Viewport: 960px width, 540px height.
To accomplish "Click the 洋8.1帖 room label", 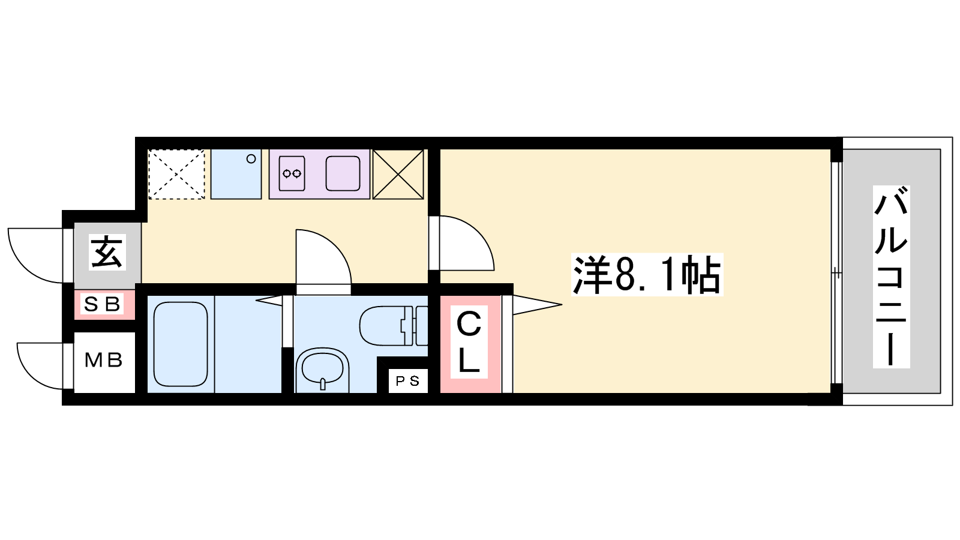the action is [x=647, y=274].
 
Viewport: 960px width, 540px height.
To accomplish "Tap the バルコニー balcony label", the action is [x=892, y=277].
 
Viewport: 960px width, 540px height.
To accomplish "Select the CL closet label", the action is [x=469, y=342].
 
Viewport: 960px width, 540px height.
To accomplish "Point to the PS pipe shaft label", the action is [x=408, y=380].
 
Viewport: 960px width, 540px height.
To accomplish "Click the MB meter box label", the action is [x=104, y=361].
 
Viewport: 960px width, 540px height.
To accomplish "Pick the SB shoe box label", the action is [x=102, y=304].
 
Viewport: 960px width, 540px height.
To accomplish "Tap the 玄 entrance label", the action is [x=107, y=252].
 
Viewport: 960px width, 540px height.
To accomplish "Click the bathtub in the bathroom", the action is [x=181, y=344].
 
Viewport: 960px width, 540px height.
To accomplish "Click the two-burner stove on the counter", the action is [x=292, y=173].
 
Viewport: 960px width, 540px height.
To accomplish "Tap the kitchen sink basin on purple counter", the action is [x=343, y=173].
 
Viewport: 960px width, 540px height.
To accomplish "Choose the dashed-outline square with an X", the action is [x=176, y=174].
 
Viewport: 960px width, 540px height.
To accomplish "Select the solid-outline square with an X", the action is [x=398, y=174].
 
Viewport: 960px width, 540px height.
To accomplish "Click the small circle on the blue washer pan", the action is [x=251, y=159].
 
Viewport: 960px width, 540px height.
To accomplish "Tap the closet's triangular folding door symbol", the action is [x=538, y=305].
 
